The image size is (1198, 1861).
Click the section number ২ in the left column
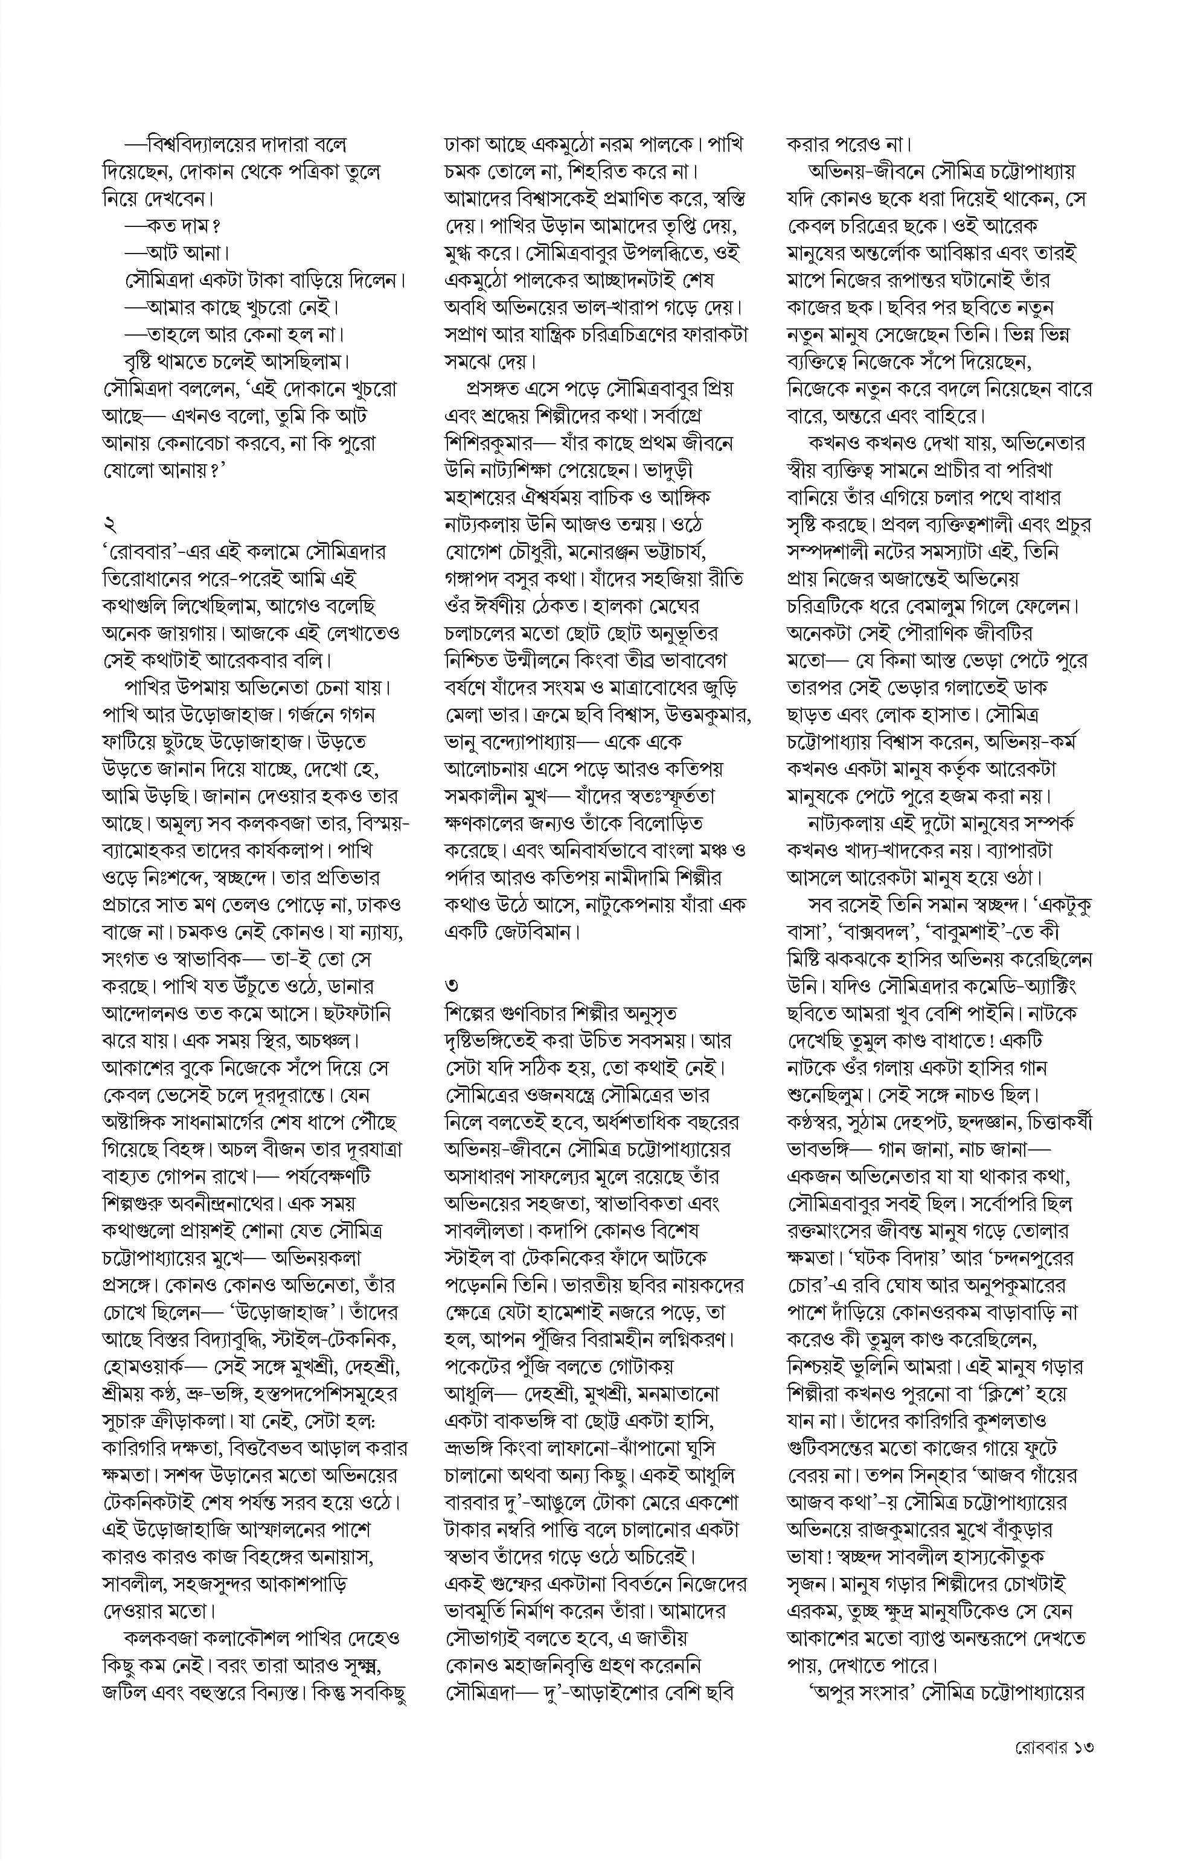tap(108, 523)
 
